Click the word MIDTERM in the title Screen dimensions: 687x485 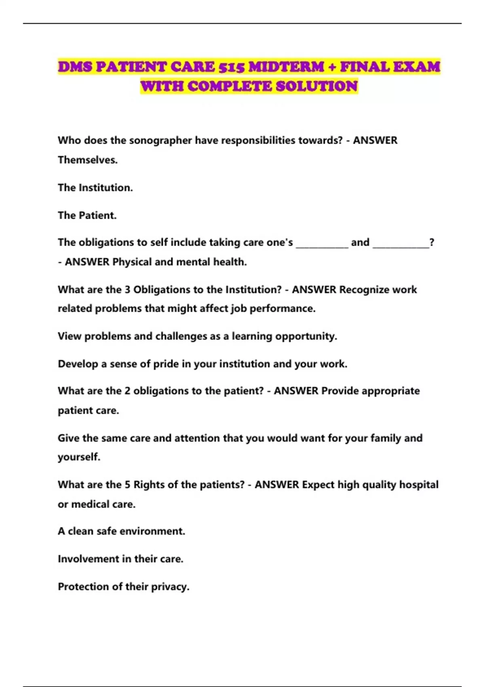286,67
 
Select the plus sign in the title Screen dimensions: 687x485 332,67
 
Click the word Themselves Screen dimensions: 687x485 88,160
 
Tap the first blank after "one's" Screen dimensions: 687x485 322,243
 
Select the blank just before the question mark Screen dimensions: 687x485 401,243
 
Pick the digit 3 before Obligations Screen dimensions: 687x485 127,290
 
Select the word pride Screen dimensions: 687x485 166,364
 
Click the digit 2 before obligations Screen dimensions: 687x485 127,391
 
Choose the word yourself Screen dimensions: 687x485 79,457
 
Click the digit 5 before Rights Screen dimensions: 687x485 127,485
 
